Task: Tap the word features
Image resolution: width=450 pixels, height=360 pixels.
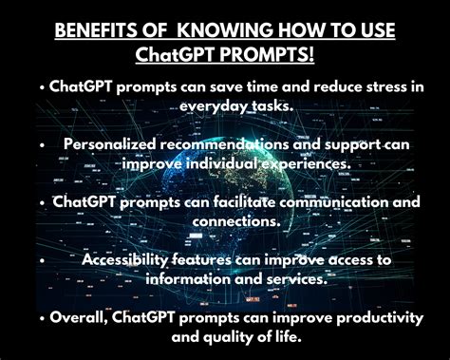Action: pyautogui.click(x=222, y=258)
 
